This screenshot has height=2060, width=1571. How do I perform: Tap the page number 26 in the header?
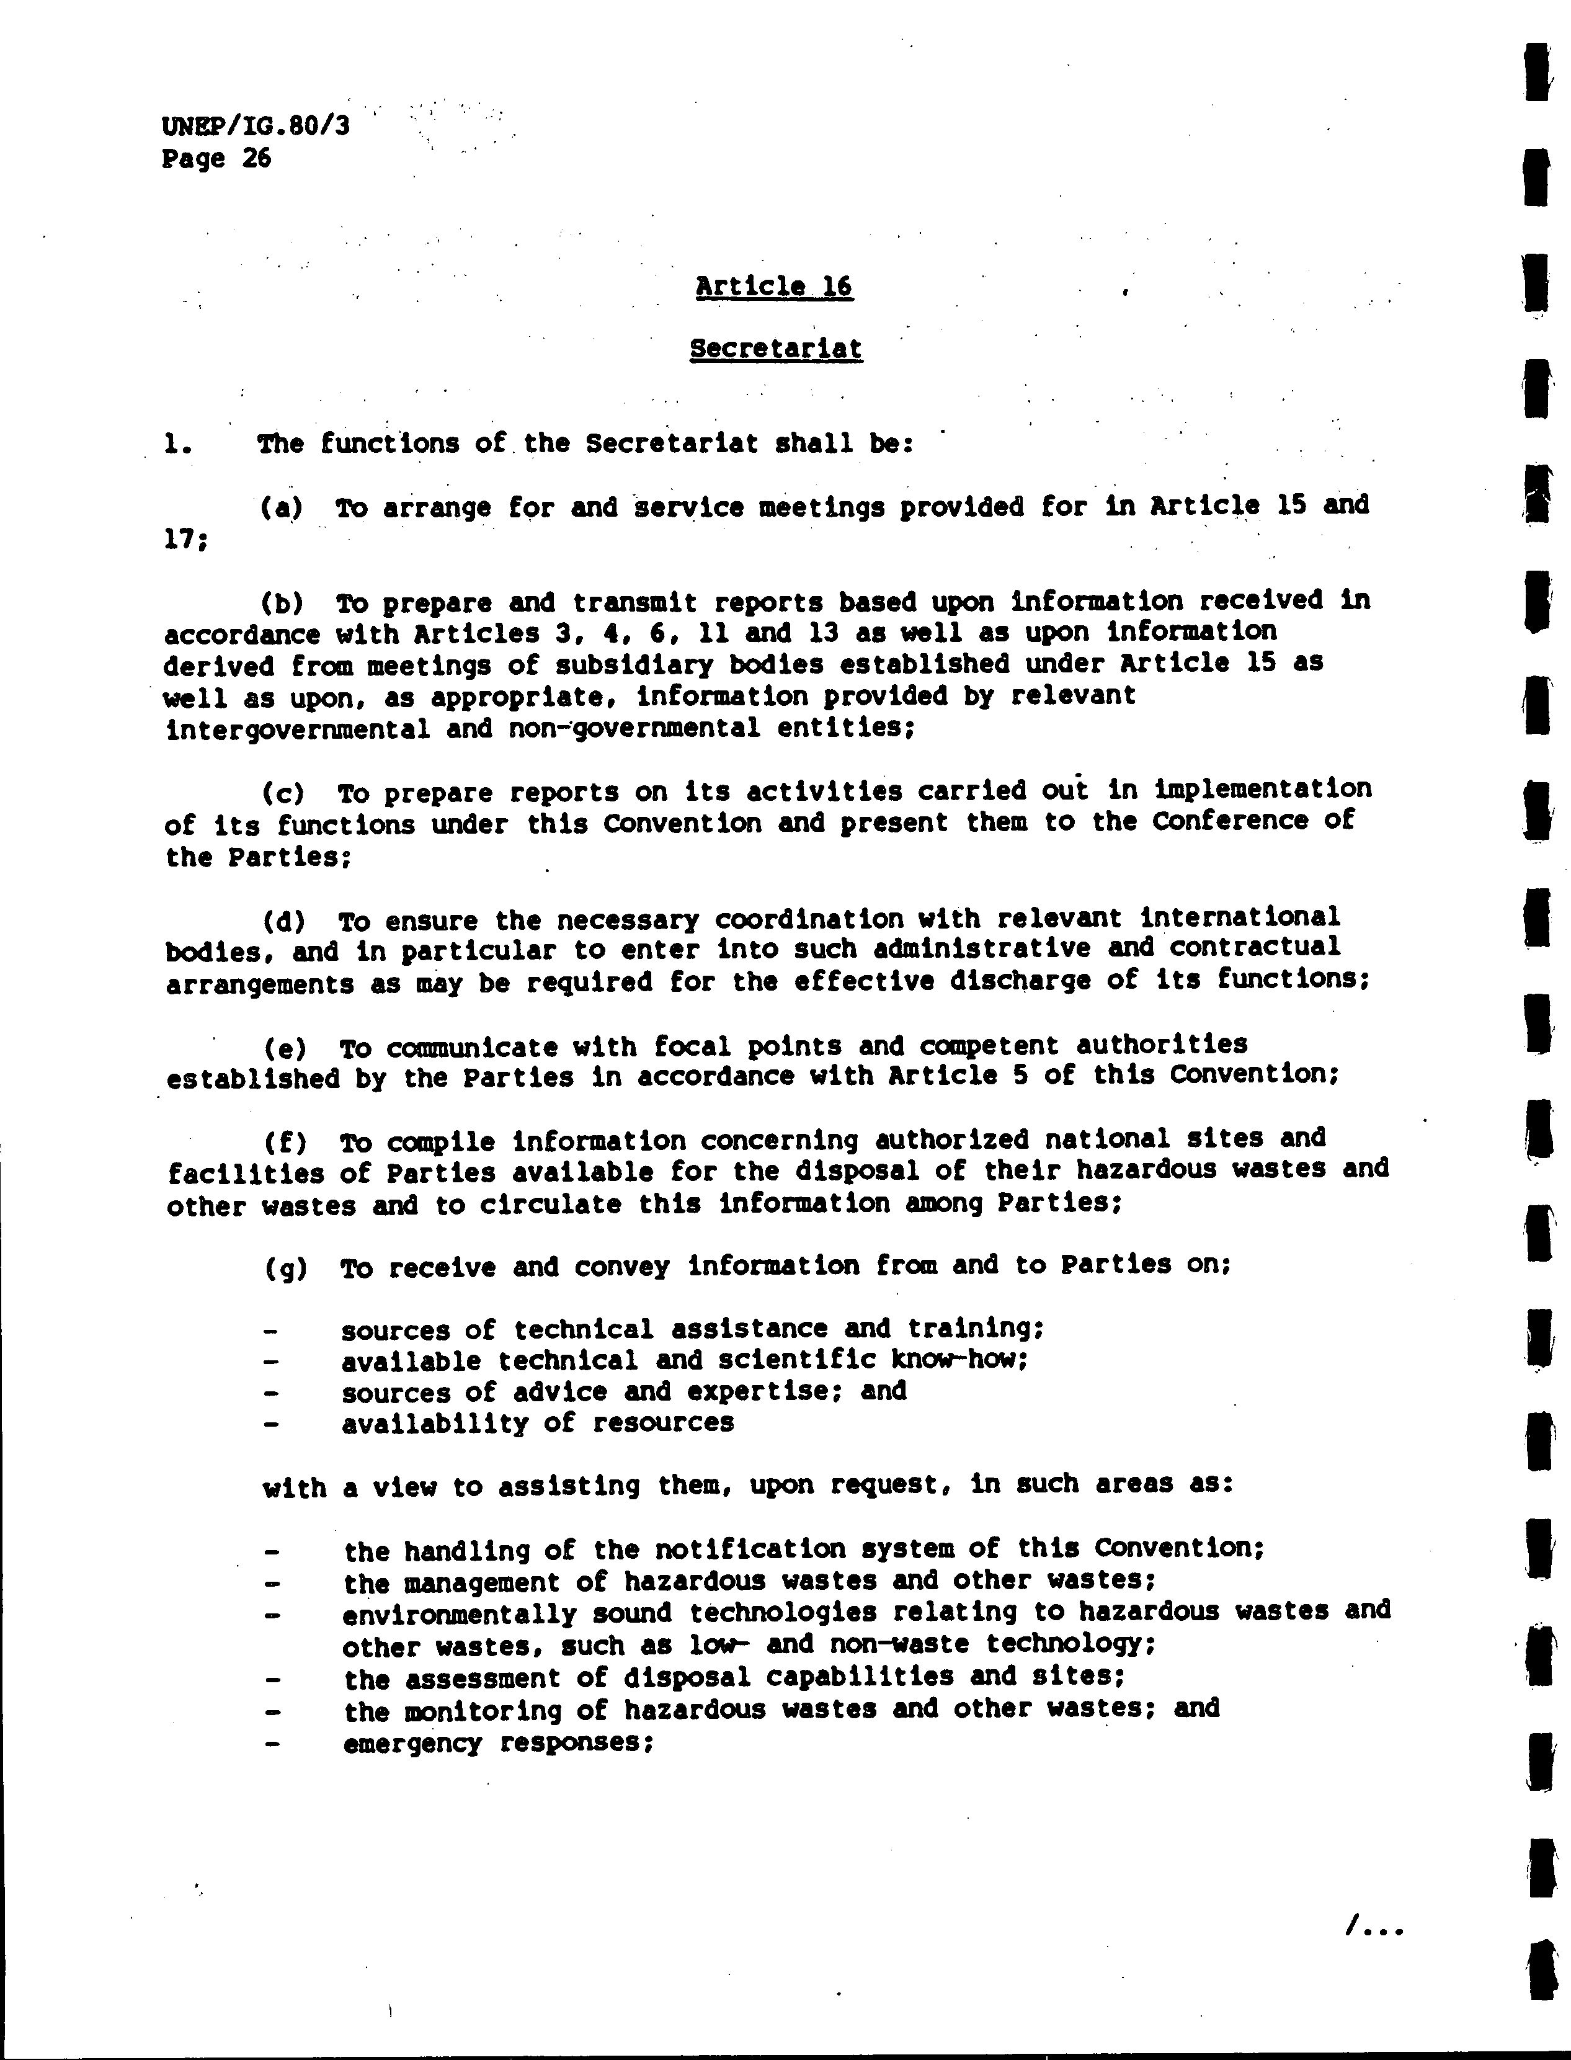click(x=256, y=158)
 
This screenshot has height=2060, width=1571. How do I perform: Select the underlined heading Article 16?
click(x=773, y=285)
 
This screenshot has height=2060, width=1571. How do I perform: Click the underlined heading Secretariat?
click(x=775, y=349)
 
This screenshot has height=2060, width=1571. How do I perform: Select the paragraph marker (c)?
click(x=282, y=793)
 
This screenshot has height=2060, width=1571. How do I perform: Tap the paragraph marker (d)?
click(x=282, y=921)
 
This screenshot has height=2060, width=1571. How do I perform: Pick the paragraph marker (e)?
click(x=282, y=1048)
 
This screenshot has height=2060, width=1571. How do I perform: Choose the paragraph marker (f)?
click(x=282, y=1143)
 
